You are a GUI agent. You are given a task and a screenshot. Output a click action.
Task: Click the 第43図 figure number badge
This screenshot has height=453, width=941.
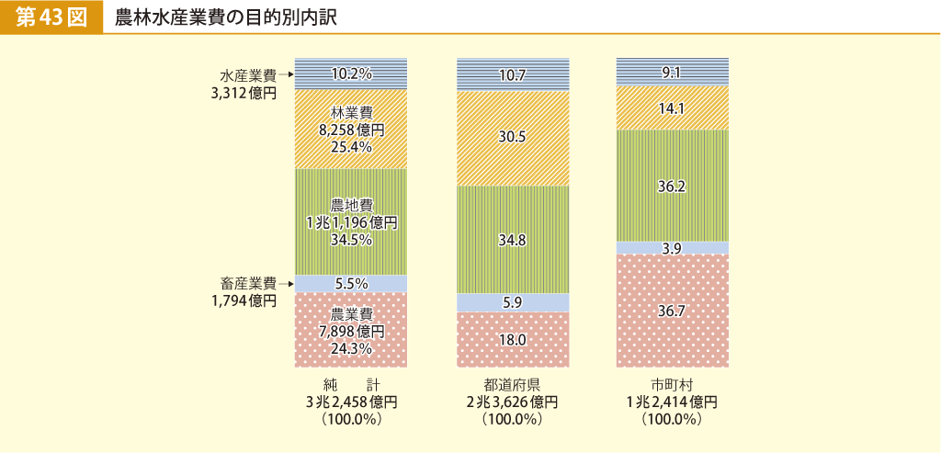click(x=51, y=17)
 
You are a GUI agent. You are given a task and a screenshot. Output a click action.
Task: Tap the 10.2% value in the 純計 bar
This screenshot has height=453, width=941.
click(x=351, y=74)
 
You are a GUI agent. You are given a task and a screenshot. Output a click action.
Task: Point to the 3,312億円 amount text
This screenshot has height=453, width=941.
click(x=244, y=92)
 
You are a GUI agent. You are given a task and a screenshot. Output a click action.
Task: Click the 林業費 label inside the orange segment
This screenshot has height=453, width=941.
click(x=351, y=113)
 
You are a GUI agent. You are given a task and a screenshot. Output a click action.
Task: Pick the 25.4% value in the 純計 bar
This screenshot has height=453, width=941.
click(x=351, y=147)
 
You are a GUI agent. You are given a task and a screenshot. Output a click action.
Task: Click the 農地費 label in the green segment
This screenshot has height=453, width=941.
click(x=351, y=205)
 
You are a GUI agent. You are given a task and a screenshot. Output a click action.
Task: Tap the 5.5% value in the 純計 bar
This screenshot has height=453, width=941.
click(x=351, y=284)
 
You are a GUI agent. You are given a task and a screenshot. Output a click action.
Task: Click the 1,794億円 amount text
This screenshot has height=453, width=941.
click(x=244, y=300)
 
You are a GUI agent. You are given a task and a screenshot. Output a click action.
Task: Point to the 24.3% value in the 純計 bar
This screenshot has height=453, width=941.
click(x=351, y=348)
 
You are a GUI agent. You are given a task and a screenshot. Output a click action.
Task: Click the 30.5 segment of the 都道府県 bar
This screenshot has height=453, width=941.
click(x=513, y=137)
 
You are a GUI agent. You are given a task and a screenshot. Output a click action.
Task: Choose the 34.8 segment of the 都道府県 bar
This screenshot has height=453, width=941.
click(x=513, y=241)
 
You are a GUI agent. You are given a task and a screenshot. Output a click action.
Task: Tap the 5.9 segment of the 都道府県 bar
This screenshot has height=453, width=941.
click(x=513, y=301)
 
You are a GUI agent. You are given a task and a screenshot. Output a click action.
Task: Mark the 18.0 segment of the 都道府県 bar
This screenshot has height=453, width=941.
click(x=513, y=340)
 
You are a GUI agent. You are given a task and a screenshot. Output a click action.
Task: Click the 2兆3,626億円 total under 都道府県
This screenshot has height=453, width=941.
click(x=512, y=402)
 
